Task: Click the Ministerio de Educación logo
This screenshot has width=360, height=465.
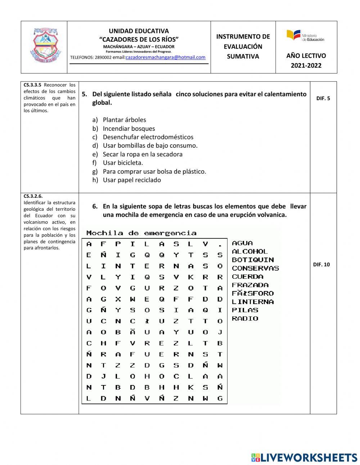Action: (305, 35)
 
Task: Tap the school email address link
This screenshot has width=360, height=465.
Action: (166, 57)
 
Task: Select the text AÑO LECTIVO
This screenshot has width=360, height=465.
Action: (306, 55)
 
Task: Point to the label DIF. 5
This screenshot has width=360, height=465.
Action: (323, 98)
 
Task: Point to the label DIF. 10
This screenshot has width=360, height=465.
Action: (321, 264)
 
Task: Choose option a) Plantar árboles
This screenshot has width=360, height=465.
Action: (124, 120)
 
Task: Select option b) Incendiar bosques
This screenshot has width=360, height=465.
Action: (129, 129)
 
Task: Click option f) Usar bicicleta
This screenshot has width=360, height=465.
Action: (122, 163)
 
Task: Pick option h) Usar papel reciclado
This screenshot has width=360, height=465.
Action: (131, 180)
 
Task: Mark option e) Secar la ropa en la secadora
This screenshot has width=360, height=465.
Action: (142, 154)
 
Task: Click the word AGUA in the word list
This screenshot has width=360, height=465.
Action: (242, 243)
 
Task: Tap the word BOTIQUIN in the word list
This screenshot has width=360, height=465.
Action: (253, 260)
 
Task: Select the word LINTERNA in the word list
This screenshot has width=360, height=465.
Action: (253, 302)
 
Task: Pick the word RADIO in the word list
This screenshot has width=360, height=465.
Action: (245, 318)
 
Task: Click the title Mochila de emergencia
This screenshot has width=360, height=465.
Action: (141, 233)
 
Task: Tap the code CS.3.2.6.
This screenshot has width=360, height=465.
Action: (33, 196)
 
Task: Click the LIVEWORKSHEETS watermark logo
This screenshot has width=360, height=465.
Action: (304, 457)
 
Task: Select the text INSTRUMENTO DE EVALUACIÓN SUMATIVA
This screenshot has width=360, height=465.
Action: (243, 46)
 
